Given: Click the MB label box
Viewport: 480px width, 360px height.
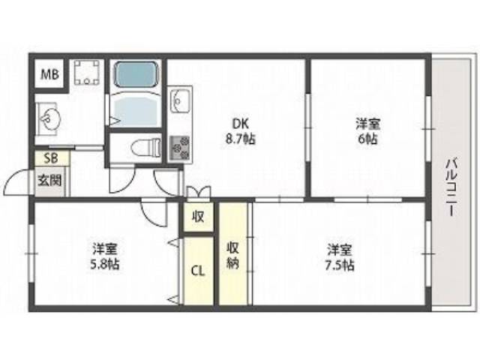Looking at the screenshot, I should tap(49, 74).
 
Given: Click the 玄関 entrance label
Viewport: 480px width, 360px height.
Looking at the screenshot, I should tap(49, 180).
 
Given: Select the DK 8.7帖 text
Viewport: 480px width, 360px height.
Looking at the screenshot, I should tap(234, 132).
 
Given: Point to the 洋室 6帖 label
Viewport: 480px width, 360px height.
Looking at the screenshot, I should tap(367, 132).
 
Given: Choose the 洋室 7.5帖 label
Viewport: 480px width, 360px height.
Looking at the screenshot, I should tap(340, 256).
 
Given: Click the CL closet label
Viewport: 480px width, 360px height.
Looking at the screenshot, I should tap(199, 270).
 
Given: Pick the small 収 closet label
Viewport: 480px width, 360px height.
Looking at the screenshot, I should tap(199, 217).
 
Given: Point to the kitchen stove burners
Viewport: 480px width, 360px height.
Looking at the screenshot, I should tap(181, 146).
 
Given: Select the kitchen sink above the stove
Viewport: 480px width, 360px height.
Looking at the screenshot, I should tap(181, 99).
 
